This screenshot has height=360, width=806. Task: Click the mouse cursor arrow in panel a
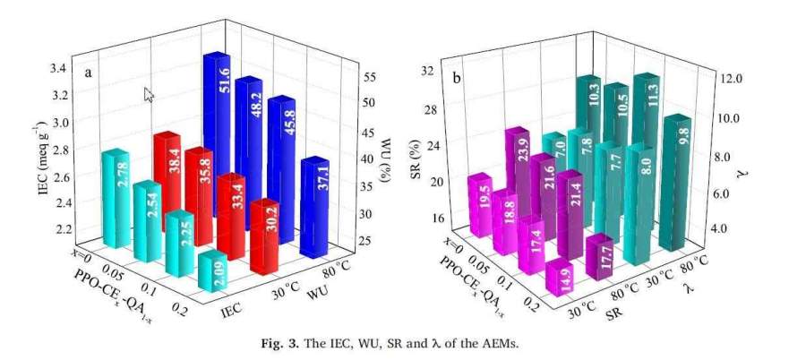click(x=149, y=94)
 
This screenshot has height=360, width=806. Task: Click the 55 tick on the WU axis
click(x=369, y=79)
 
